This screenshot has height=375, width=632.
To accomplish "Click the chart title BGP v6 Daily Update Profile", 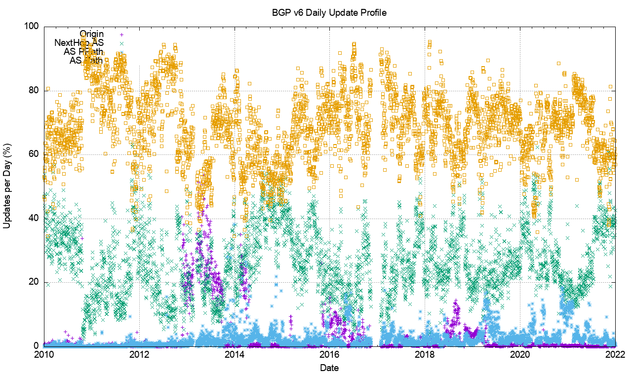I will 329,12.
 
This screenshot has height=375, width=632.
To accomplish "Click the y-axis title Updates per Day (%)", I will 7,186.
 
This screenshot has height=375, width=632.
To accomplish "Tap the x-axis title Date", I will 329,368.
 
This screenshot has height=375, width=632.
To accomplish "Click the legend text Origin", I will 92,34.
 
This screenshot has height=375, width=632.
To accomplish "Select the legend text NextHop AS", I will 79,43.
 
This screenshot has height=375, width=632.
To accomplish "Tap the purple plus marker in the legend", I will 121,35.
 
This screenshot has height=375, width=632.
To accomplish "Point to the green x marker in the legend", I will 121,43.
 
